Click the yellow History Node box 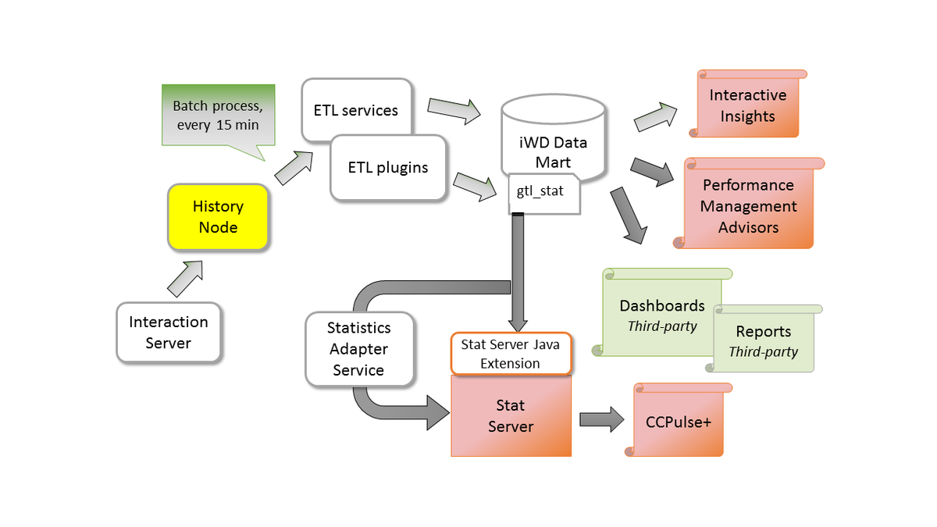pos(218,217)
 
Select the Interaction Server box pos(169,333)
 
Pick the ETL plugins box pos(388,168)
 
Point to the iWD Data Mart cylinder pos(554,141)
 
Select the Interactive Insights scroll pos(747,105)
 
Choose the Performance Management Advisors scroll pos(748,205)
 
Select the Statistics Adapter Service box pos(358,349)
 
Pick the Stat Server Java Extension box pos(511,354)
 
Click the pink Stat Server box pos(511,416)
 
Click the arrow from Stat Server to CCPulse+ pos(601,419)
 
